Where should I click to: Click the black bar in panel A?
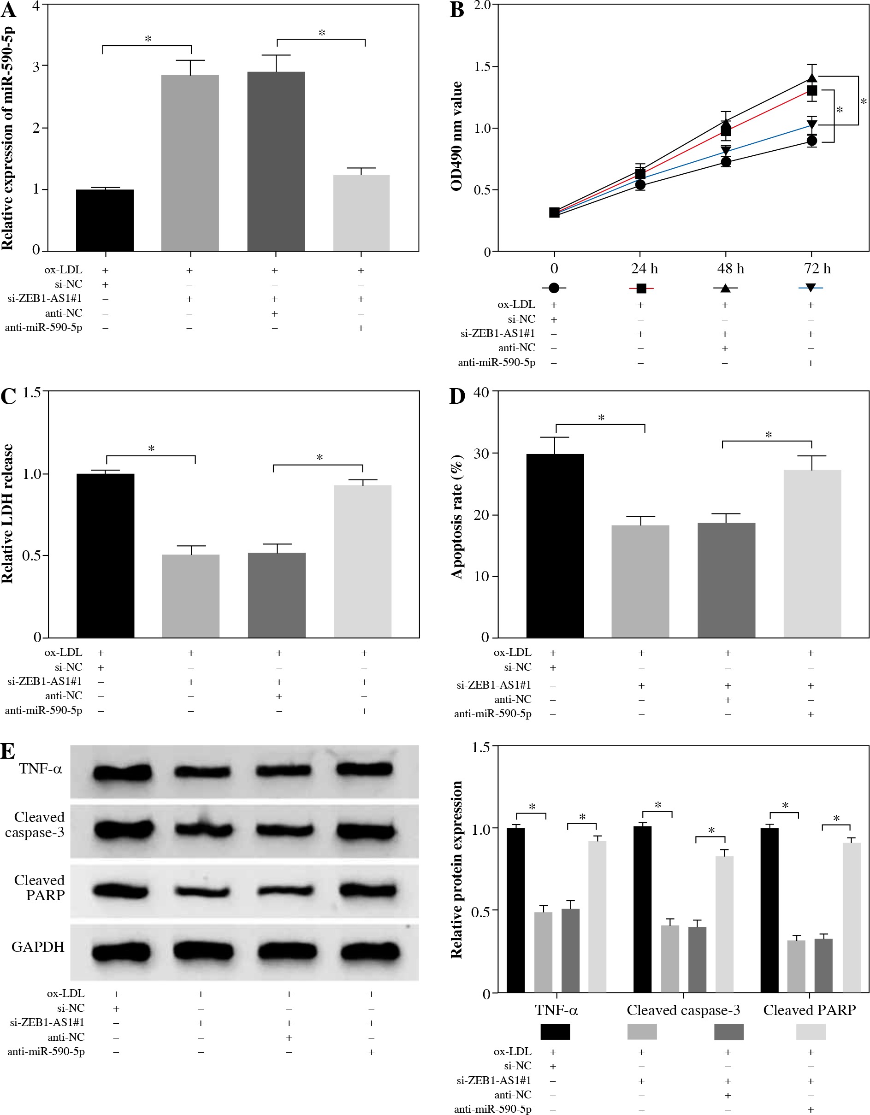[105, 220]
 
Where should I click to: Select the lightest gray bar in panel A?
[361, 213]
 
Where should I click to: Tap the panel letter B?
[456, 10]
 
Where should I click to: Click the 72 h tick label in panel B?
[817, 269]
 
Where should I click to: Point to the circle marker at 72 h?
[812, 141]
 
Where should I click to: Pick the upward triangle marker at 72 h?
[812, 78]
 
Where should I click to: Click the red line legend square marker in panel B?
[641, 289]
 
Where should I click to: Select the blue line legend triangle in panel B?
[810, 288]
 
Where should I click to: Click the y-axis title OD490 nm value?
[456, 136]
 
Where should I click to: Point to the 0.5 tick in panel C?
[32, 555]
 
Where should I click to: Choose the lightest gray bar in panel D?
[812, 554]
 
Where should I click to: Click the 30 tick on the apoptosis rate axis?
[481, 454]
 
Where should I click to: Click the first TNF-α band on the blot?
[122, 772]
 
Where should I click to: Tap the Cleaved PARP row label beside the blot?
[39, 887]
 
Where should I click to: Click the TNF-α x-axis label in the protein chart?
[556, 1010]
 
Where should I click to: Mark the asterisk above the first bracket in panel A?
[148, 39]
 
